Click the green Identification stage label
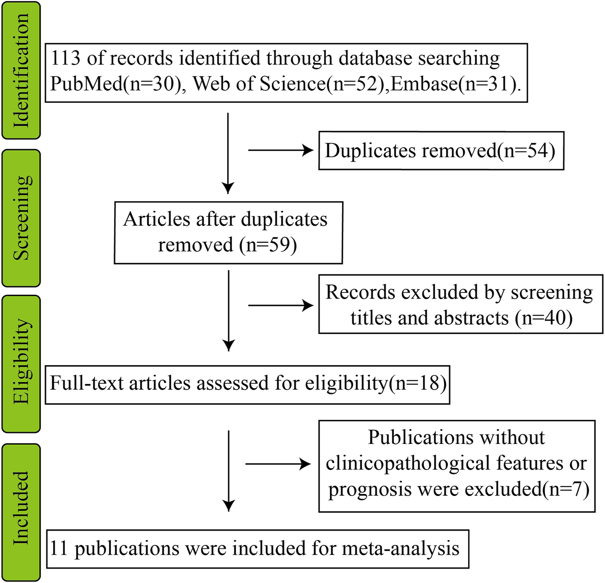(21, 70)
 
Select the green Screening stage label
(21, 218)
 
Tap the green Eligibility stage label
(21, 364)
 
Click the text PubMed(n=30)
(115, 84)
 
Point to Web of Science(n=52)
(285, 84)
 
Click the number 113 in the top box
(65, 58)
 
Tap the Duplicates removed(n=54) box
(441, 151)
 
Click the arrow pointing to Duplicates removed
(281, 150)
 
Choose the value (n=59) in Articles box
(268, 245)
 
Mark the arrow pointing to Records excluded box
(281, 305)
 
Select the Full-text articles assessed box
(247, 384)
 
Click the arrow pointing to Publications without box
(278, 464)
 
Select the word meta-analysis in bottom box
(400, 548)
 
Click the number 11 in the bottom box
(59, 548)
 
